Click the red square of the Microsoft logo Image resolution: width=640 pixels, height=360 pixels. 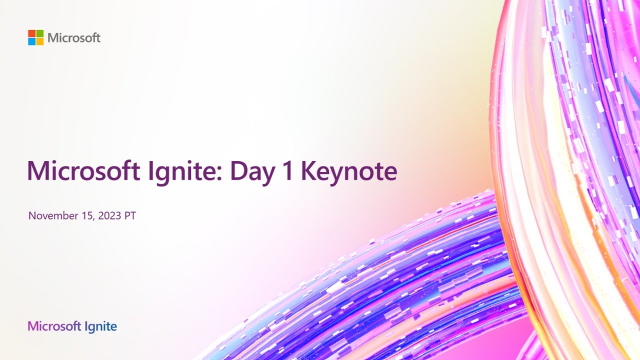pyautogui.click(x=31, y=33)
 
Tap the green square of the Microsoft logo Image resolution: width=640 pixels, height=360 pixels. pyautogui.click(x=39, y=33)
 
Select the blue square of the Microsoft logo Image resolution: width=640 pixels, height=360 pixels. pyautogui.click(x=31, y=41)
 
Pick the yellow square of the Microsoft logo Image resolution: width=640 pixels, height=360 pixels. pyautogui.click(x=39, y=41)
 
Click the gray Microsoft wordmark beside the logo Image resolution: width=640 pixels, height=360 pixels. pyautogui.click(x=74, y=37)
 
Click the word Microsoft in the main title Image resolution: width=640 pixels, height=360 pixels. pyautogui.click(x=83, y=171)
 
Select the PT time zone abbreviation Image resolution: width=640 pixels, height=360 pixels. pyautogui.click(x=130, y=216)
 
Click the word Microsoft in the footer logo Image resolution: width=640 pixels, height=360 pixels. pyautogui.click(x=54, y=327)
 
